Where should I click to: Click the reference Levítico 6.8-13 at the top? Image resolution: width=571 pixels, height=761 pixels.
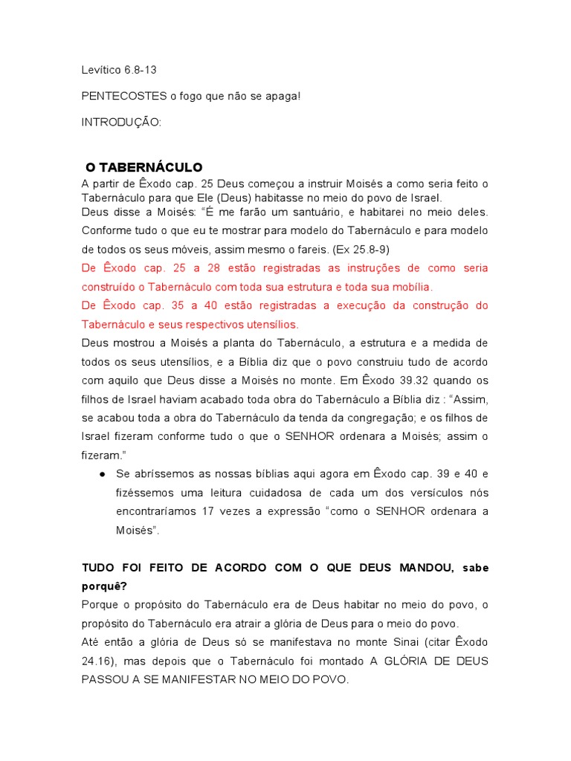(119, 71)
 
